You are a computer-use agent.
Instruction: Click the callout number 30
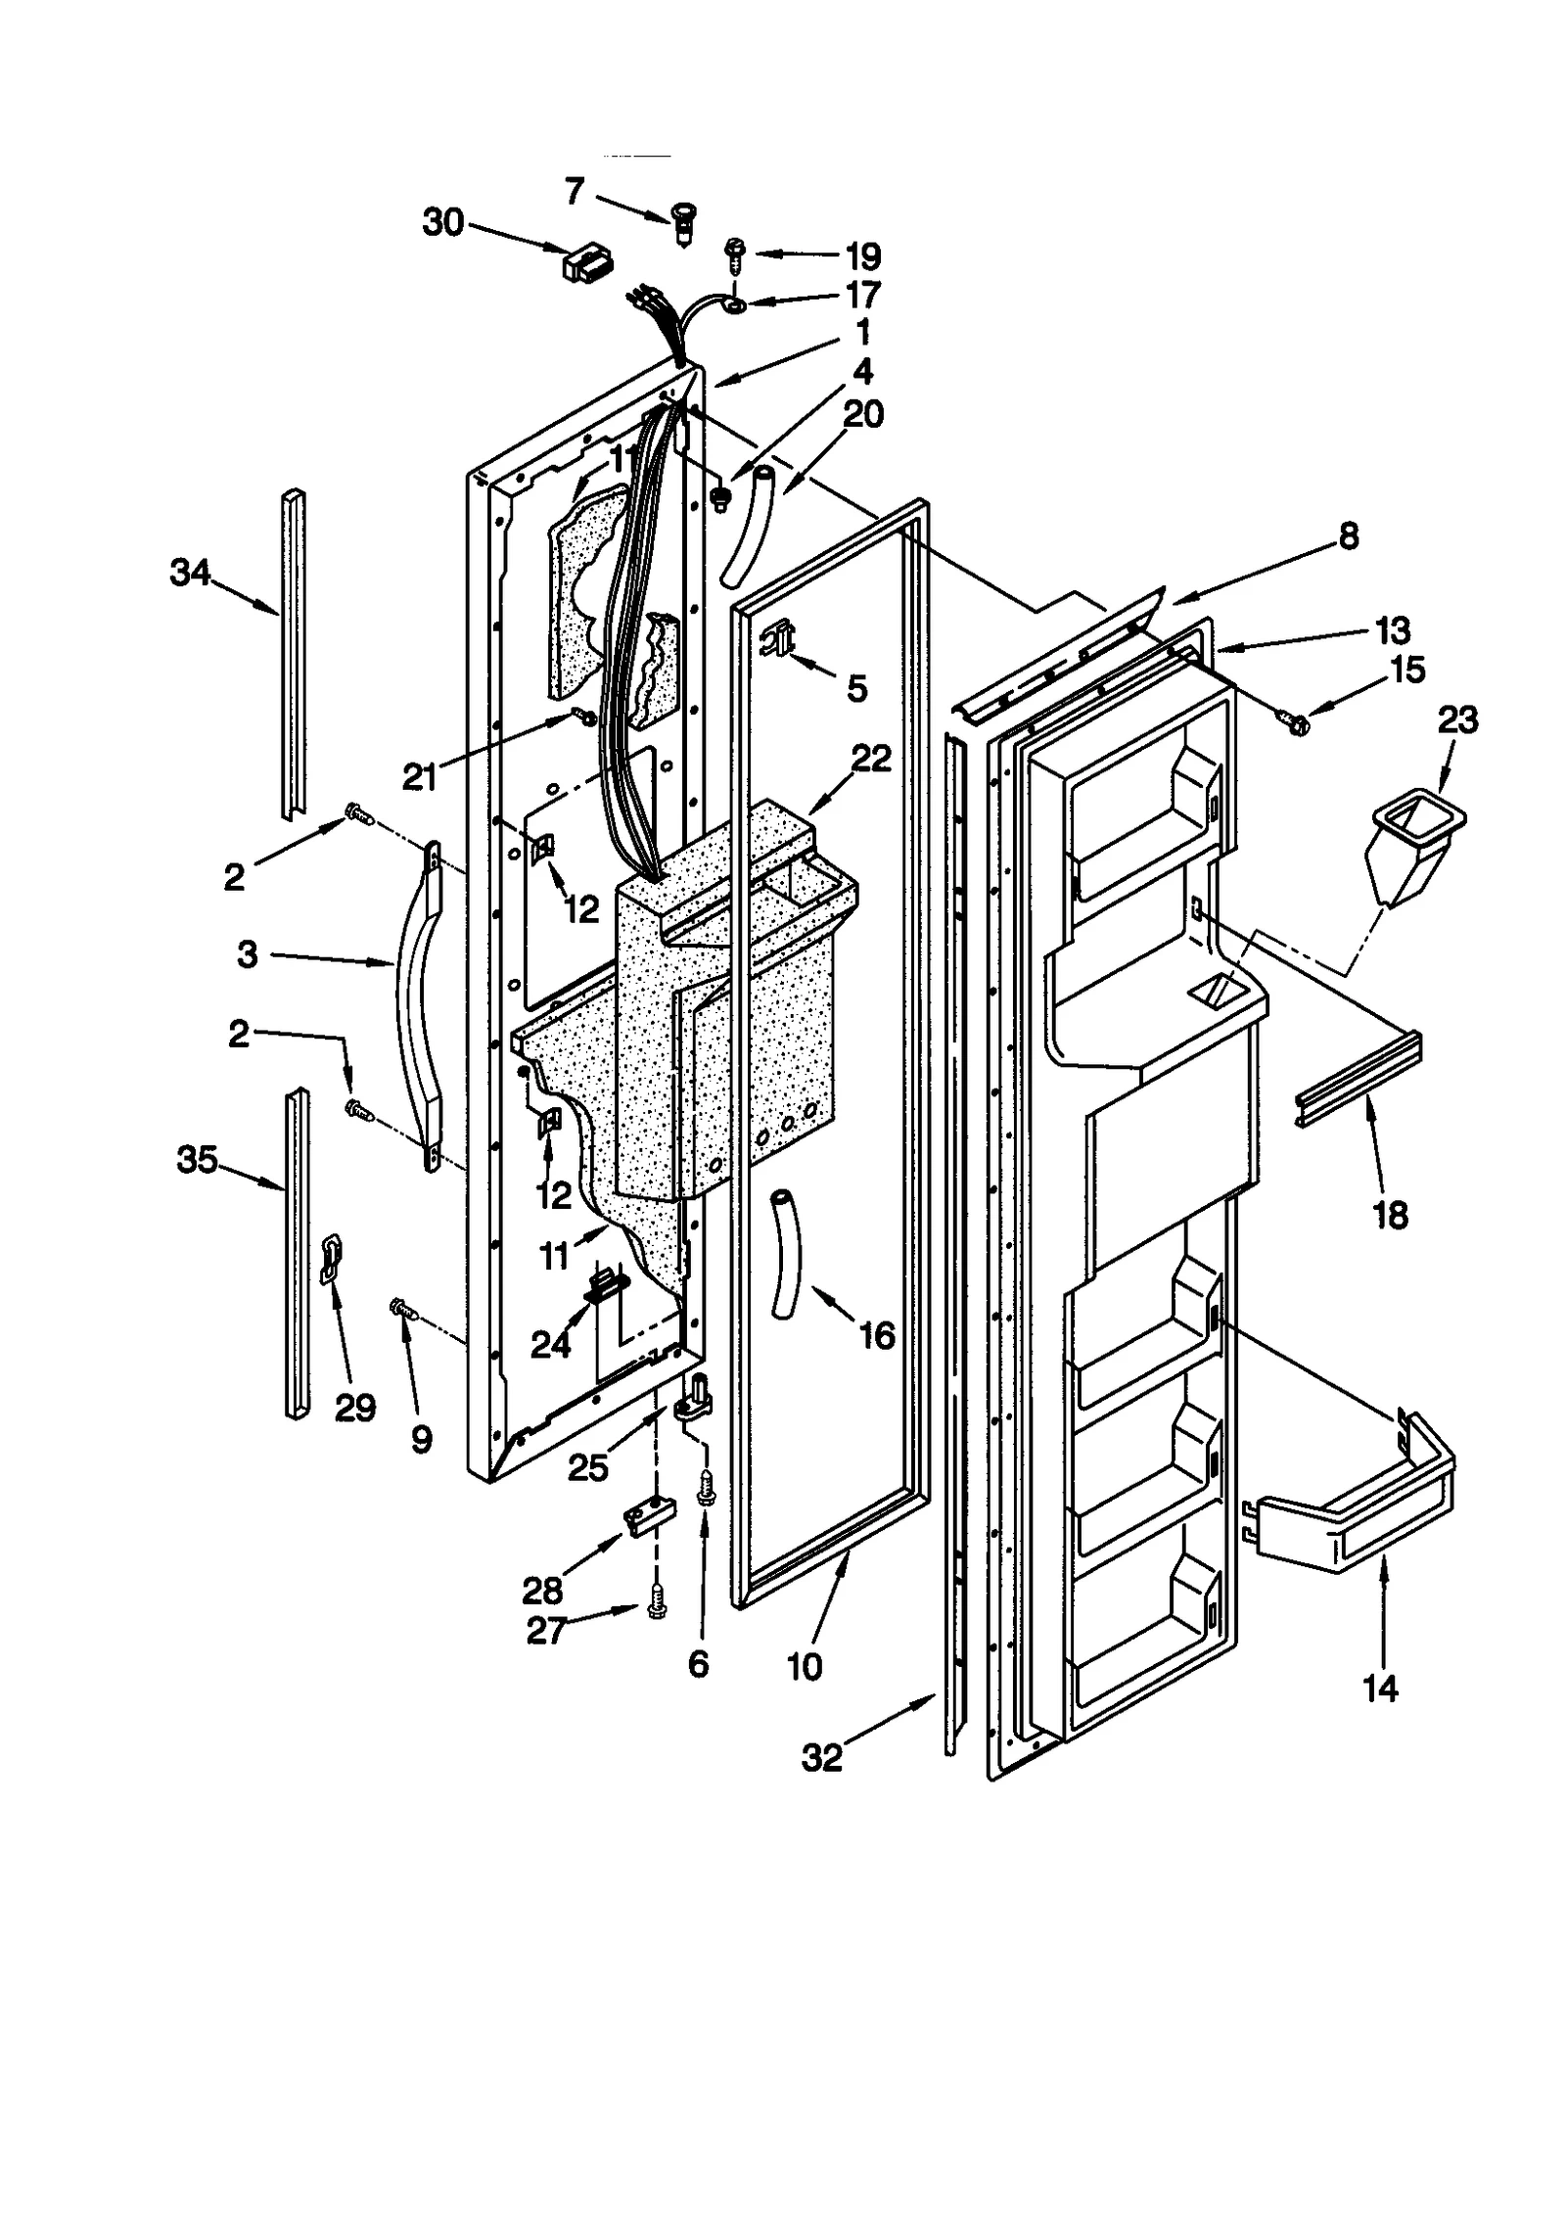pyautogui.click(x=442, y=223)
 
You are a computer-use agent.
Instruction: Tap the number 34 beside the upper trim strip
pyautogui.click(x=190, y=573)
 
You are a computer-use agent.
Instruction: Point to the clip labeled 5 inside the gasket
pyautogui.click(x=778, y=641)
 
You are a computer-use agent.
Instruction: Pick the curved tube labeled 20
pyautogui.click(x=749, y=527)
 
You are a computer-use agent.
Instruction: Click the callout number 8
pyautogui.click(x=1348, y=536)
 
